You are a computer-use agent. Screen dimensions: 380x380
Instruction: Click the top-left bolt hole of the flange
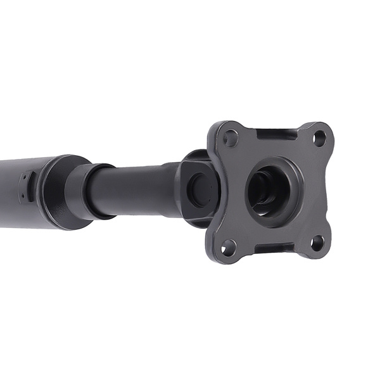coord(231,137)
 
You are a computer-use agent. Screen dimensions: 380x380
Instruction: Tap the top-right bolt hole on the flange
coord(320,136)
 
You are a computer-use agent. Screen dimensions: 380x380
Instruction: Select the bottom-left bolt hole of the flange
coord(229,247)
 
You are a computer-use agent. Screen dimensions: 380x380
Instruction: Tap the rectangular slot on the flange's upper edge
coord(276,134)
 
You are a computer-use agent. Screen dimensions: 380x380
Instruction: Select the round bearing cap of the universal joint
coord(201,189)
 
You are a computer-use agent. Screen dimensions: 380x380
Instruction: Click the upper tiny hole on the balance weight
coord(23,179)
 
